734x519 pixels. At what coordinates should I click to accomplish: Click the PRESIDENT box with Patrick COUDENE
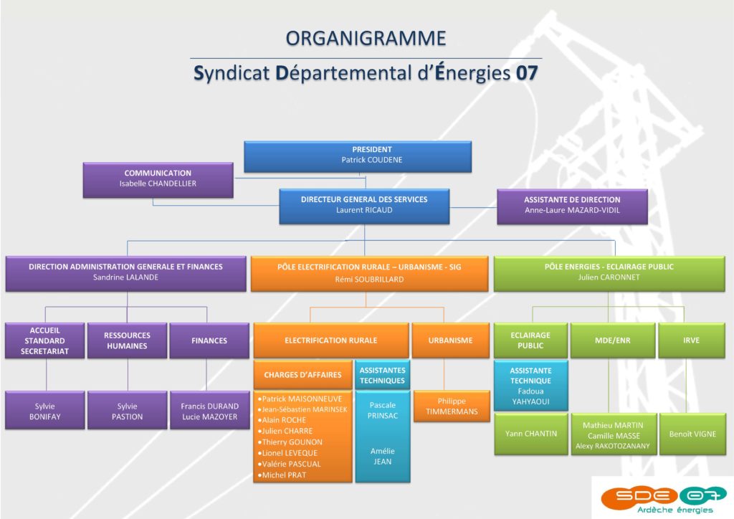[358, 156]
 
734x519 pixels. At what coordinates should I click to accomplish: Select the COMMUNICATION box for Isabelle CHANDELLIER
[158, 180]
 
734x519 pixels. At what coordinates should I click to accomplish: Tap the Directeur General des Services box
[364, 206]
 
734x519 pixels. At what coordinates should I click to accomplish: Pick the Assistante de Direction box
[572, 206]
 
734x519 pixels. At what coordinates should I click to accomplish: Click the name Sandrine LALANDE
[125, 277]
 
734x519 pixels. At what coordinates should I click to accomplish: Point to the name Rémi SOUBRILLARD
[369, 280]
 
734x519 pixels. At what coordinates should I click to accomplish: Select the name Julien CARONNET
[609, 277]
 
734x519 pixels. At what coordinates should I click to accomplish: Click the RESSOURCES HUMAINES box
[127, 341]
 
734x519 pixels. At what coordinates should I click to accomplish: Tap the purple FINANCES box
[209, 341]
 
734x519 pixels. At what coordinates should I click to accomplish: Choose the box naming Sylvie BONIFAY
[45, 411]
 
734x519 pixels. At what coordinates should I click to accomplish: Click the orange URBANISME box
[450, 341]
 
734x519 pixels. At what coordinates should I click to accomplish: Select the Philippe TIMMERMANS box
[452, 406]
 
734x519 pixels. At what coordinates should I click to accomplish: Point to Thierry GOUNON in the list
[290, 442]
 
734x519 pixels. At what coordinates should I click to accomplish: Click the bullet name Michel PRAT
[282, 475]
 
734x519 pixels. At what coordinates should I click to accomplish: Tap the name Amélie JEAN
[383, 457]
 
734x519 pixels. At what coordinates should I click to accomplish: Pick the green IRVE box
[692, 341]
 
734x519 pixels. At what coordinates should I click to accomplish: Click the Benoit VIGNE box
[692, 434]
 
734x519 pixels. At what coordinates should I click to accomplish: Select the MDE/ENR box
[613, 341]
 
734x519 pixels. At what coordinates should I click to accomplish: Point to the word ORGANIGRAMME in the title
[366, 39]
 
